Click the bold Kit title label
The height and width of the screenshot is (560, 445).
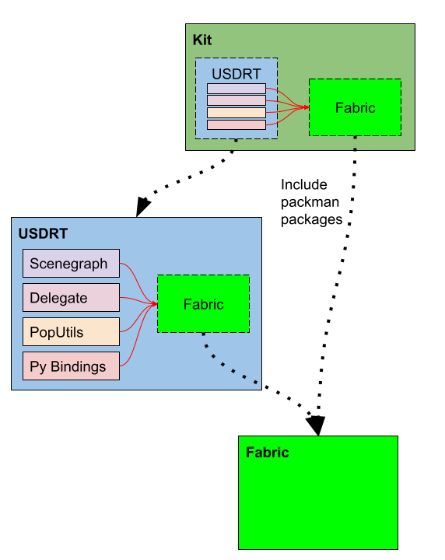point(201,39)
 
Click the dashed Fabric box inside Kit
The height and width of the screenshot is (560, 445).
point(355,107)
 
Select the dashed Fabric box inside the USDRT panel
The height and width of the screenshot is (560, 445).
point(203,304)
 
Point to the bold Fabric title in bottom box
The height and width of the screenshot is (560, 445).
point(267,453)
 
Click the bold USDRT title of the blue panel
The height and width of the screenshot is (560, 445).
point(43,233)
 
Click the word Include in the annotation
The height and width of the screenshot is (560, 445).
point(304,185)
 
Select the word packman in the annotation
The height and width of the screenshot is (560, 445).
point(310,202)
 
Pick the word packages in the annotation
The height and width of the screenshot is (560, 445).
point(311,219)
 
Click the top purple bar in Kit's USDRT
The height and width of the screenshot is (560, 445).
point(237,89)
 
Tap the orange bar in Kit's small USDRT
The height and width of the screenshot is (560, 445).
point(237,113)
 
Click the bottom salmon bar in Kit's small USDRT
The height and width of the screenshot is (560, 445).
point(237,124)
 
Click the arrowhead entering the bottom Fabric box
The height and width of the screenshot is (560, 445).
point(315,425)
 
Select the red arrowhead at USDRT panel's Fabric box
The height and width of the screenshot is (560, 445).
point(154,303)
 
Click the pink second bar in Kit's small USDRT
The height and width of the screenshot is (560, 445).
point(237,100)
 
